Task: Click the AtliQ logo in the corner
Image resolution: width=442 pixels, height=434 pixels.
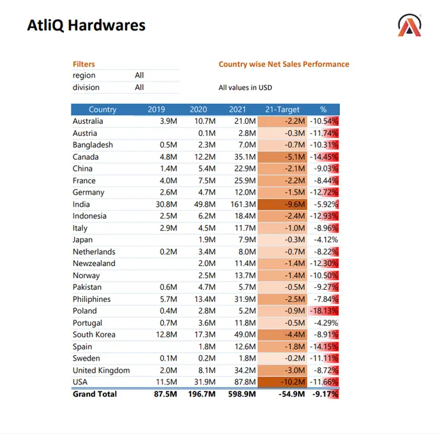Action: pyautogui.click(x=409, y=25)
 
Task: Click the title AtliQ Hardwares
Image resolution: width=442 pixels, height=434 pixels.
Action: pyautogui.click(x=86, y=25)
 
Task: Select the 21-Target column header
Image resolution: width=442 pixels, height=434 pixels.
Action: pyautogui.click(x=282, y=110)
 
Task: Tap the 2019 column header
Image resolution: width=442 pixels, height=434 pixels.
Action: pyautogui.click(x=156, y=110)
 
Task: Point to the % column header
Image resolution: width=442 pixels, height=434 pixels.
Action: pyautogui.click(x=323, y=110)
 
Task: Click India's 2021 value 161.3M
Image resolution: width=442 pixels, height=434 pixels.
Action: pyautogui.click(x=243, y=204)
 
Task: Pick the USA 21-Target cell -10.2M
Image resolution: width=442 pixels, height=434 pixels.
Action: pyautogui.click(x=293, y=382)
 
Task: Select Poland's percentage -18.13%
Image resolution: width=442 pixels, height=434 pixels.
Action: pyautogui.click(x=324, y=311)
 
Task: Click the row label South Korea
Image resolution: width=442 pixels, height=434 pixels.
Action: pyautogui.click(x=94, y=335)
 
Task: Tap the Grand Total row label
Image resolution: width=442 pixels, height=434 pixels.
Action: pyautogui.click(x=95, y=395)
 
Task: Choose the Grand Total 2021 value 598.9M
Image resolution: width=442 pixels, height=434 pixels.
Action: pyautogui.click(x=242, y=395)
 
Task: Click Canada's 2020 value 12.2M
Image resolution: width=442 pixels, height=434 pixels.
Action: pyautogui.click(x=205, y=156)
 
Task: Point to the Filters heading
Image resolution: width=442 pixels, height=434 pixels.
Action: pyautogui.click(x=84, y=65)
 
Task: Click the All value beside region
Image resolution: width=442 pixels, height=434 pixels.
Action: pyautogui.click(x=139, y=76)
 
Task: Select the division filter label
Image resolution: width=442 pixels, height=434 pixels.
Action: pyautogui.click(x=86, y=88)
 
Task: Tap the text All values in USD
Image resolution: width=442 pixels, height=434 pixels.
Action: pyautogui.click(x=245, y=88)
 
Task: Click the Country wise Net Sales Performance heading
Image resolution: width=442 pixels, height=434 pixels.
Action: pyautogui.click(x=284, y=65)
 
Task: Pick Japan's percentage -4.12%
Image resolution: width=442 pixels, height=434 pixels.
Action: pyautogui.click(x=326, y=239)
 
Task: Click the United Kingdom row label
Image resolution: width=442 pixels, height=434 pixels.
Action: pyautogui.click(x=101, y=370)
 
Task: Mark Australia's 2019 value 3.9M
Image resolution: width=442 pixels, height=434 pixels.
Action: pyautogui.click(x=169, y=121)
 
